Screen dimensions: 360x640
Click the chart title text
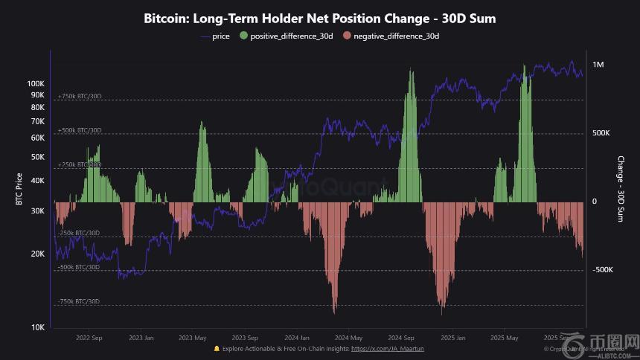pos(319,19)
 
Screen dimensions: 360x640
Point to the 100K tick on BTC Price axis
pos(36,83)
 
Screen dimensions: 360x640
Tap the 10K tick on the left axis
pos(37,327)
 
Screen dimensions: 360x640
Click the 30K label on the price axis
pos(37,210)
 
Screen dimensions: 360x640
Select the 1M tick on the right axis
pos(598,65)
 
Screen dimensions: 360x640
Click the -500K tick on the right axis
pos(602,270)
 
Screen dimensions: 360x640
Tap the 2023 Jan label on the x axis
pos(141,337)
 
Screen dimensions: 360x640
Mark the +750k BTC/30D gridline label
pos(80,96)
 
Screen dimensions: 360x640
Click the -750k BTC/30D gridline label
pos(79,301)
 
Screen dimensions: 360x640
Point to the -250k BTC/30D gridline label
pos(79,233)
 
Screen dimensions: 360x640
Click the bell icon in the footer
pos(217,348)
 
